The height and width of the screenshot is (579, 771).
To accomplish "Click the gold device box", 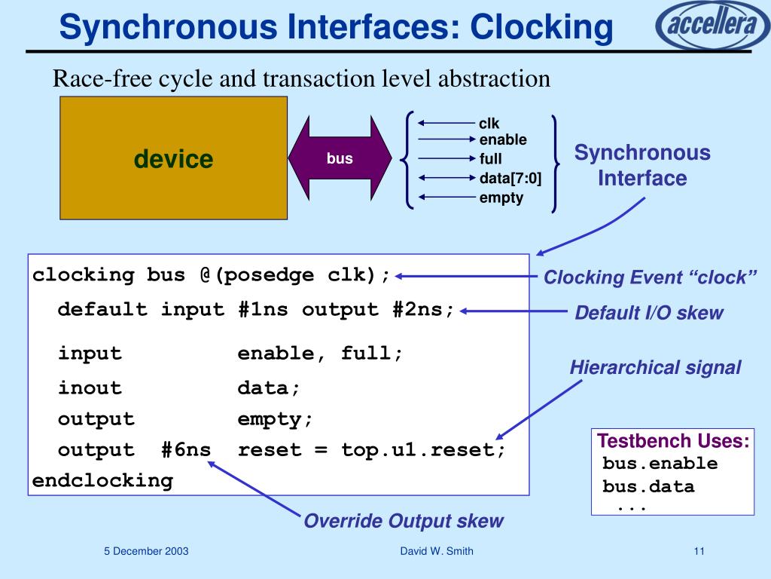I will point(173,158).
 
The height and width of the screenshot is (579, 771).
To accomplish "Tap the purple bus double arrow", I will point(340,159).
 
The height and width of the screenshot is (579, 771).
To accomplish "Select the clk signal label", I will point(489,124).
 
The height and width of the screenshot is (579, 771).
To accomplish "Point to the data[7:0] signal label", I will point(510,179).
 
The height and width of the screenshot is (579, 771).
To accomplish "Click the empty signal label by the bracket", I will point(501,198).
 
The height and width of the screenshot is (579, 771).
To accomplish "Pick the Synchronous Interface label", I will point(642,166).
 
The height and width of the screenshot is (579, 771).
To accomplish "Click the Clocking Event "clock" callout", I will point(650,277).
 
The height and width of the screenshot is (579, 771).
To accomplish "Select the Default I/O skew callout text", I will point(648,314).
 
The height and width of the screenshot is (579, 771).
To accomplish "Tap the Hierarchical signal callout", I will point(655,368).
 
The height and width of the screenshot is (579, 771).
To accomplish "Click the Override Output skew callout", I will point(403,521).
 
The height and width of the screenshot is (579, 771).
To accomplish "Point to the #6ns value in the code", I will point(186,450).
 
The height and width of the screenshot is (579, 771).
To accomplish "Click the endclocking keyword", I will point(102,480).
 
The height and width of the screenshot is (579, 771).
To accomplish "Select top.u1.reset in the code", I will point(424,450).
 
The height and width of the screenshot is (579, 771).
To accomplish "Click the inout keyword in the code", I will point(90,388).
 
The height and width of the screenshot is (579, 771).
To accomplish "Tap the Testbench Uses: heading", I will point(673,441).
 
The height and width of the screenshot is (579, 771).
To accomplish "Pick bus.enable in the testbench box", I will point(660,464).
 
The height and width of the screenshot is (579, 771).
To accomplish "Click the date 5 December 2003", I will point(146,551).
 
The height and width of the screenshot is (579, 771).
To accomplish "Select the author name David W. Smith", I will point(437,551).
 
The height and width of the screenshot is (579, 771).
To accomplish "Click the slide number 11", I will point(699,551).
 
